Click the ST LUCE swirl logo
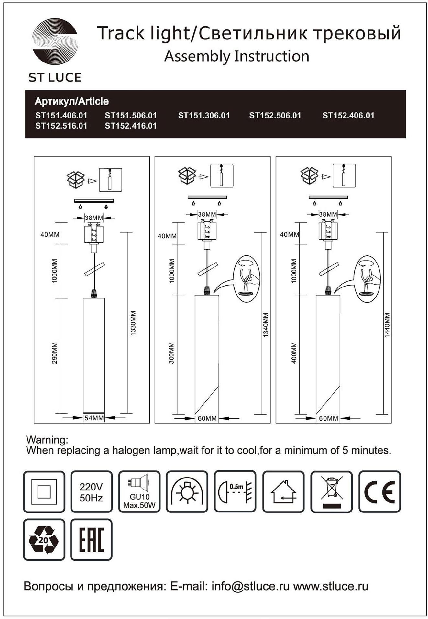coord(55,42)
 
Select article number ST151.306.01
coord(204,116)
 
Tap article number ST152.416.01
coord(131,126)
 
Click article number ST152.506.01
coord(275,116)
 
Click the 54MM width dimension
coord(94,418)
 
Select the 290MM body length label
coord(55,353)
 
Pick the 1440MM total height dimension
coord(387,325)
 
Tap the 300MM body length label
coord(171,353)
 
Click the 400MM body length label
coord(294,353)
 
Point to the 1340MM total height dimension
coord(266,325)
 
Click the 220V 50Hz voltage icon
coord(91,492)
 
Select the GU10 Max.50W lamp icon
coord(139,492)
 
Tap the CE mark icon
coord(379,492)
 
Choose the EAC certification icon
coord(91,540)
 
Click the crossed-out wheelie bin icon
coord(332,492)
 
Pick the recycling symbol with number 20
coord(44,540)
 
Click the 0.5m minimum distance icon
coord(235,492)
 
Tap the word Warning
coord(47,440)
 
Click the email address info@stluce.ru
coord(250,586)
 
